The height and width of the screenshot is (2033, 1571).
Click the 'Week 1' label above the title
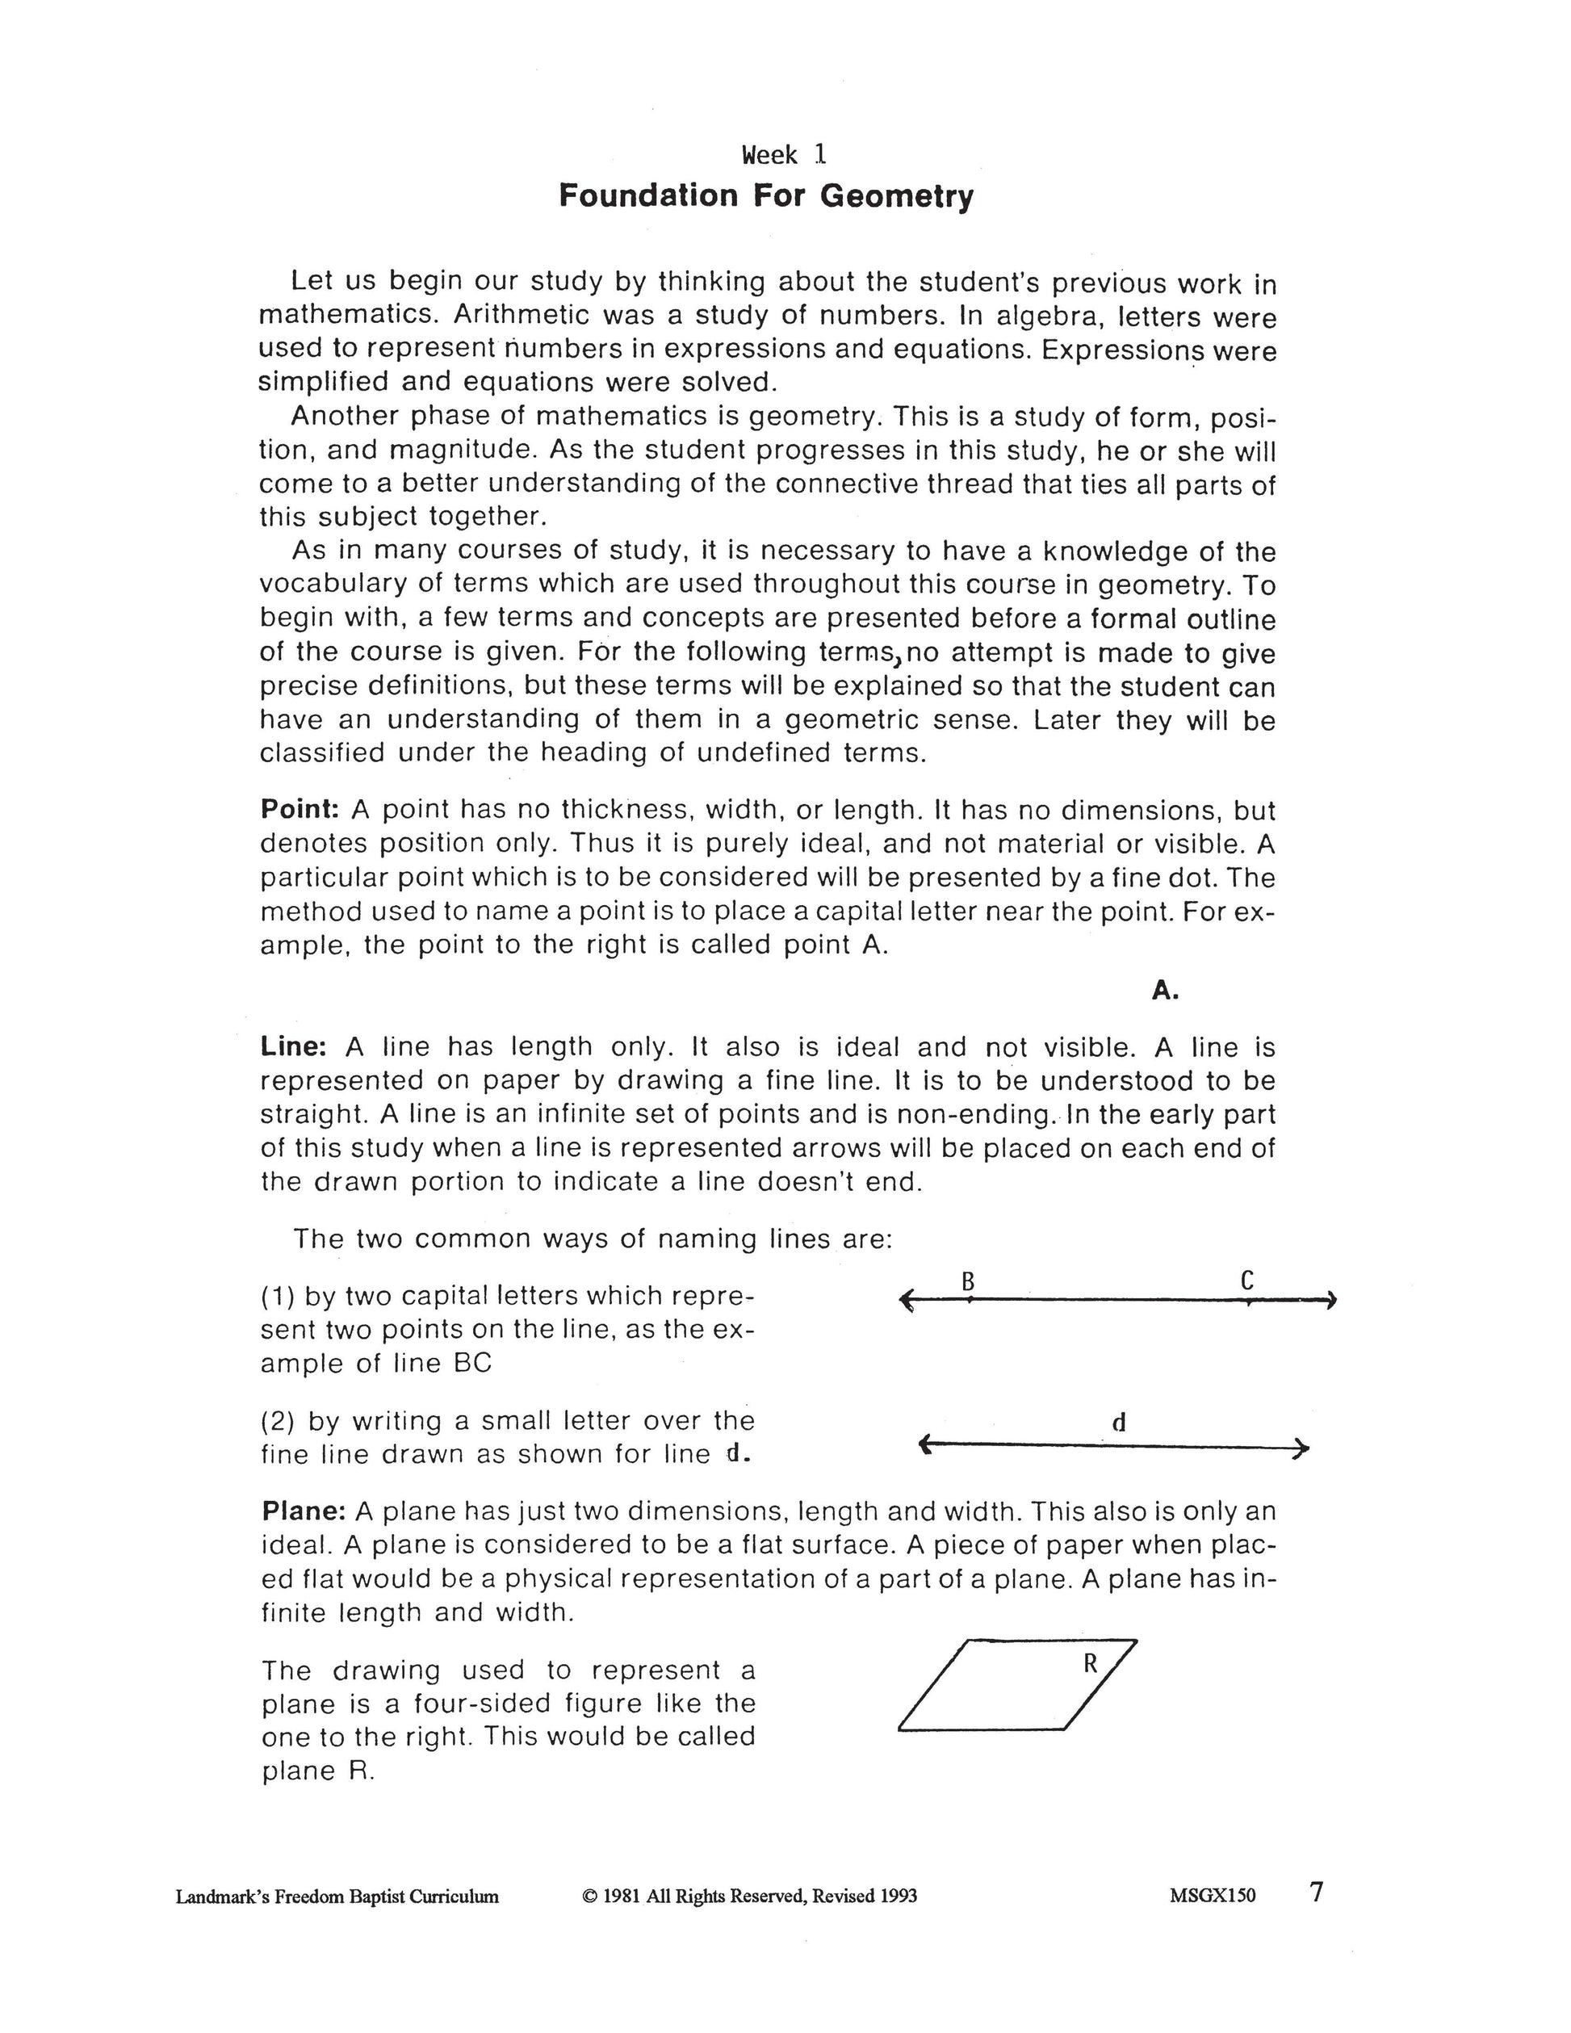pos(784,154)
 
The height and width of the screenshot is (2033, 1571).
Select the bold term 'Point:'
pos(300,809)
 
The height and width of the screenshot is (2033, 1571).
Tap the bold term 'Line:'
pos(293,1047)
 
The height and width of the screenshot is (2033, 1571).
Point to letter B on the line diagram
pos(968,1283)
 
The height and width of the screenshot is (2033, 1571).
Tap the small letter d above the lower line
pos(1119,1423)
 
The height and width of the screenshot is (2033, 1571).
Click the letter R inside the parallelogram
pos(1091,1663)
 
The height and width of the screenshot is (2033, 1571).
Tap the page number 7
pos(1316,1893)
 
